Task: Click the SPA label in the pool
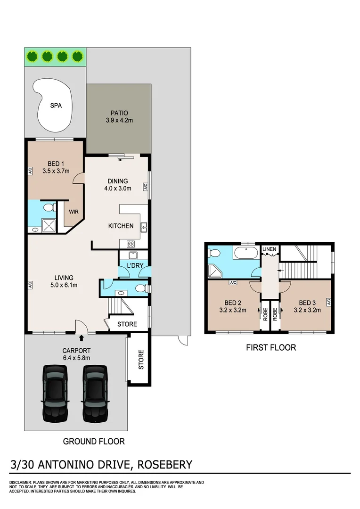[56, 106]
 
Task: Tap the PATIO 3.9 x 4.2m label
[119, 116]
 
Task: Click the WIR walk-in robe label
[74, 212]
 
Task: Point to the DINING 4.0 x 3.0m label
[118, 184]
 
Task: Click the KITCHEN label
[121, 226]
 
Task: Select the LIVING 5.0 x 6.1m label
[63, 281]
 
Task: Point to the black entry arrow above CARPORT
[82, 338]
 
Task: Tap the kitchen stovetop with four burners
[131, 244]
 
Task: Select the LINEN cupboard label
[269, 249]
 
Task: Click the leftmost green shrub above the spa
[32, 57]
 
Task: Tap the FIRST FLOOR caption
[271, 348]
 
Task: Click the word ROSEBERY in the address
[164, 465]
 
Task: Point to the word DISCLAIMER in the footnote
[20, 483]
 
